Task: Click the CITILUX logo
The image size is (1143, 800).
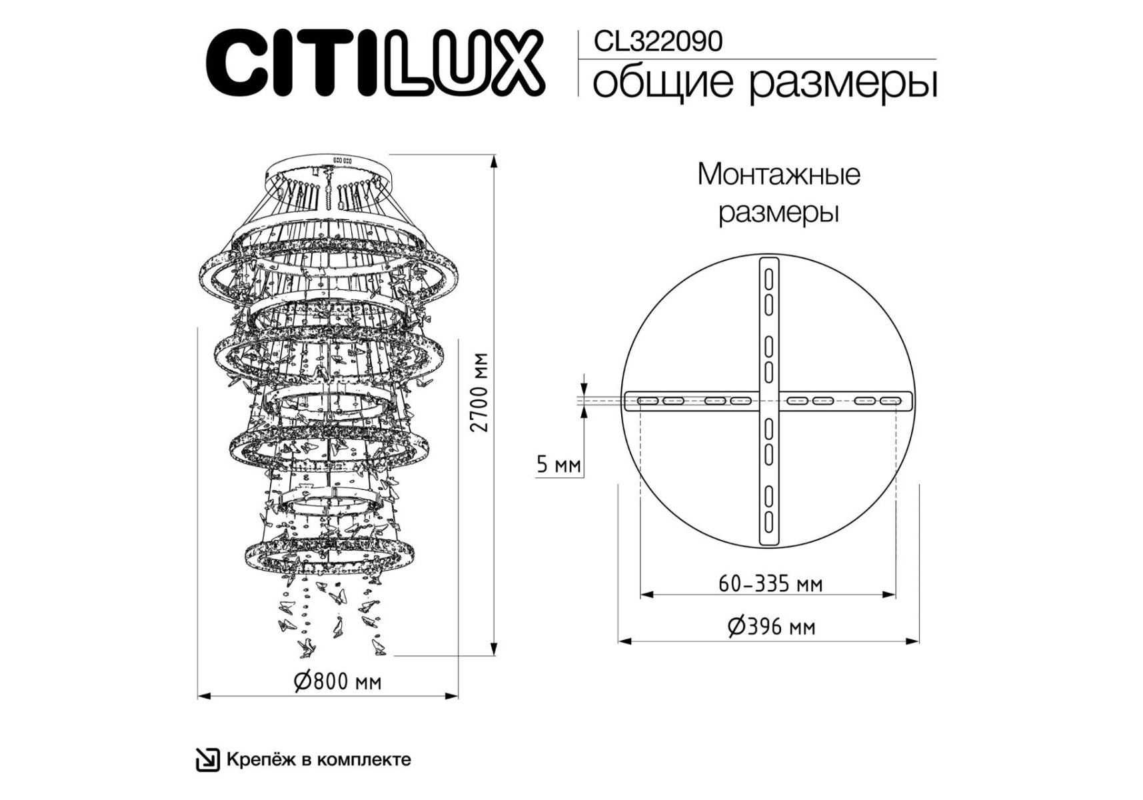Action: click(375, 63)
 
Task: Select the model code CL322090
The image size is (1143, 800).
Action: click(658, 41)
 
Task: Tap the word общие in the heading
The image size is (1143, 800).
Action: click(662, 83)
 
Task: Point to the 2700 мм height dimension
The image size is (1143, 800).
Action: click(480, 392)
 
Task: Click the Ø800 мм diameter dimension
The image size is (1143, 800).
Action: click(338, 681)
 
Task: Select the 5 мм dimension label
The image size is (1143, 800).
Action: click(559, 464)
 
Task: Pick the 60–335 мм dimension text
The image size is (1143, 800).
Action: click(770, 584)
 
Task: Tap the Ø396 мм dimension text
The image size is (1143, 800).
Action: click(772, 627)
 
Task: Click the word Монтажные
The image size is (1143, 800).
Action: click(778, 175)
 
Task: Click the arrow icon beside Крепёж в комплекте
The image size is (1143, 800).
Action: click(207, 760)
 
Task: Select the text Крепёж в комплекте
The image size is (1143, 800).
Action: click(319, 759)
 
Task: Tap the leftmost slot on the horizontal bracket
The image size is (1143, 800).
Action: click(648, 401)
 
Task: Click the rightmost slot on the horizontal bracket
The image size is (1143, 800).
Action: click(890, 401)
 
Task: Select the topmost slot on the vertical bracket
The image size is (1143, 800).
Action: click(768, 277)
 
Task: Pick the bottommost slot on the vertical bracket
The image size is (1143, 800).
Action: click(768, 521)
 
